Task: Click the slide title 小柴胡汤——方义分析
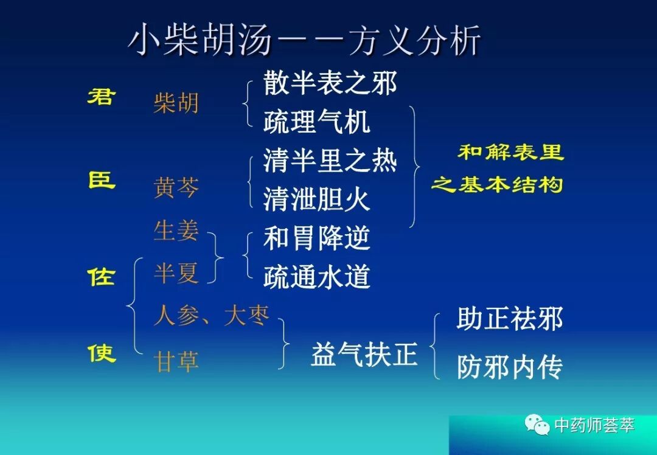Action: click(304, 41)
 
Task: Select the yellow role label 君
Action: click(101, 97)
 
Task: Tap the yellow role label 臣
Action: click(101, 180)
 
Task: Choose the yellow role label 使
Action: click(101, 352)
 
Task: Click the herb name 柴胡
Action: click(176, 103)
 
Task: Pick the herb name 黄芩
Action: click(176, 188)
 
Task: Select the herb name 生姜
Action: click(176, 231)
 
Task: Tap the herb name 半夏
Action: click(176, 273)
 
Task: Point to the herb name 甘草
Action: click(176, 362)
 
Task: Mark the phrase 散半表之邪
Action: click(330, 83)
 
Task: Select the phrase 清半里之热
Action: click(330, 161)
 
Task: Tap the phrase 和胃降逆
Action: click(316, 238)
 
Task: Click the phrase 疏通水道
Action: click(316, 277)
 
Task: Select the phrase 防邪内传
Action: click(509, 367)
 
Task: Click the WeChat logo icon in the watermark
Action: click(538, 424)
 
